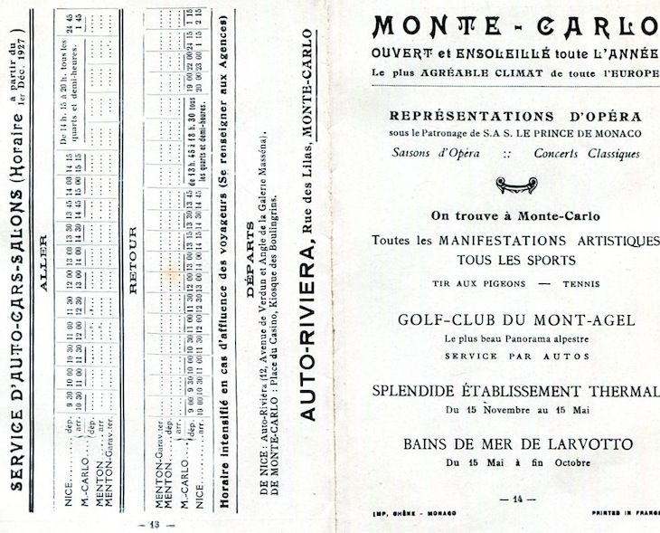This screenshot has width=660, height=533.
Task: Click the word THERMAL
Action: tap(622, 391)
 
